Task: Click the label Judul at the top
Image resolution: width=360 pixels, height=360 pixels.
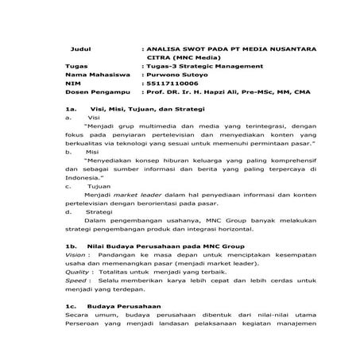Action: tap(82, 48)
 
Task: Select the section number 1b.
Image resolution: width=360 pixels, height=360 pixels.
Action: tap(71, 246)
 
